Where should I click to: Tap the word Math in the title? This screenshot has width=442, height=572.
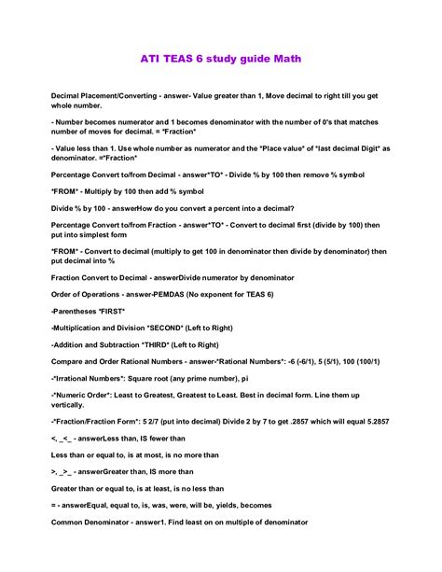(x=283, y=60)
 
